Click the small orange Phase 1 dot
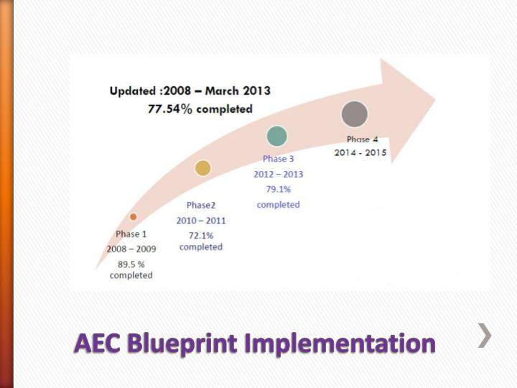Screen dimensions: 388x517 tap(133, 216)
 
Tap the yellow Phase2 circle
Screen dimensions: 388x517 tap(203, 168)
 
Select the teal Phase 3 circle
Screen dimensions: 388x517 tap(276, 136)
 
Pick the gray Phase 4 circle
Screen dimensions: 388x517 tap(355, 114)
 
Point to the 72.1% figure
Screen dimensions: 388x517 tap(201, 235)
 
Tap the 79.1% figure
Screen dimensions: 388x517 tap(278, 190)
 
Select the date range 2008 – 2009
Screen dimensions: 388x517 tap(131, 249)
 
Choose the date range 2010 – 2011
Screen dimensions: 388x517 tap(201, 221)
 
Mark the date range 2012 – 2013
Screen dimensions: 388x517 tap(278, 175)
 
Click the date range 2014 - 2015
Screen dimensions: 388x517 tap(360, 153)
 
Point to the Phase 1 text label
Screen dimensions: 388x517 tap(131, 234)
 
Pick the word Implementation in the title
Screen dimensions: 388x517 tap(340, 343)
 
